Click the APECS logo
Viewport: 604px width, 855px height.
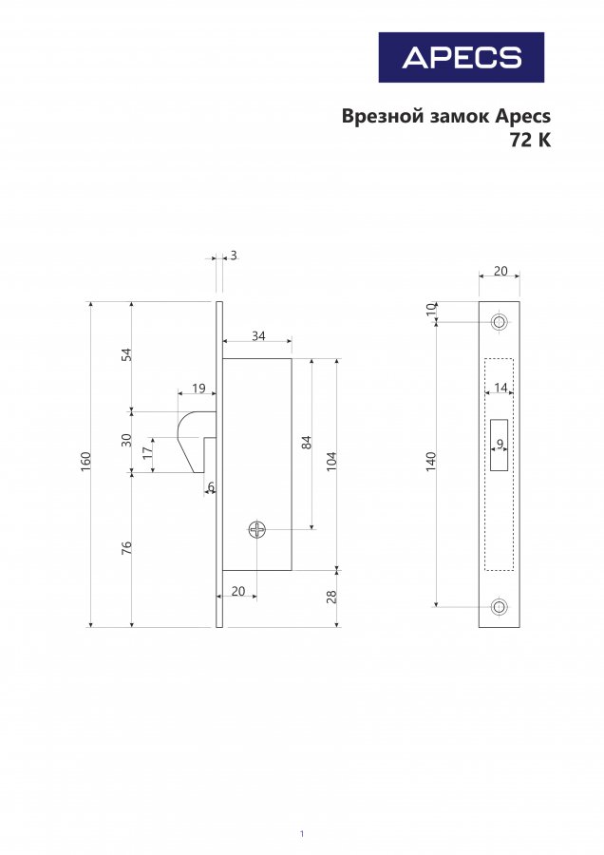(x=462, y=57)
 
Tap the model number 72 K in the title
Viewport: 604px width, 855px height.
(x=531, y=141)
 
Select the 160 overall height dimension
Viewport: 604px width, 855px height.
(x=86, y=462)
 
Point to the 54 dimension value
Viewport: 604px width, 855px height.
(x=127, y=354)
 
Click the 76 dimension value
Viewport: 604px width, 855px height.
(x=126, y=547)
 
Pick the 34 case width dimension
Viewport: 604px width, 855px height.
(x=258, y=336)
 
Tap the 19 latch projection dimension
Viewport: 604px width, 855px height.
(x=199, y=388)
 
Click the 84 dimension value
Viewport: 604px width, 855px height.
(x=307, y=442)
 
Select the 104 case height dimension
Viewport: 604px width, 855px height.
(x=332, y=462)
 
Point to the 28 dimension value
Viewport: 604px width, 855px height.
(x=331, y=598)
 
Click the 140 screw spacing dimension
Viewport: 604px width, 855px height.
(x=431, y=462)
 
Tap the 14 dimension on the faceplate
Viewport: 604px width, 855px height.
(x=500, y=388)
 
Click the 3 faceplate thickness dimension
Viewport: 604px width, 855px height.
(x=234, y=256)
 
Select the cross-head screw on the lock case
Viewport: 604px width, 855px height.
(x=257, y=529)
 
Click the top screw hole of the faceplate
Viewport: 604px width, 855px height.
(x=499, y=321)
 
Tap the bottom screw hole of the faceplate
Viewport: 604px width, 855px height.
(x=499, y=606)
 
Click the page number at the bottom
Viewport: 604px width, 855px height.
(x=302, y=834)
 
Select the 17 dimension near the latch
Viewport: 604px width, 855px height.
(x=147, y=453)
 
